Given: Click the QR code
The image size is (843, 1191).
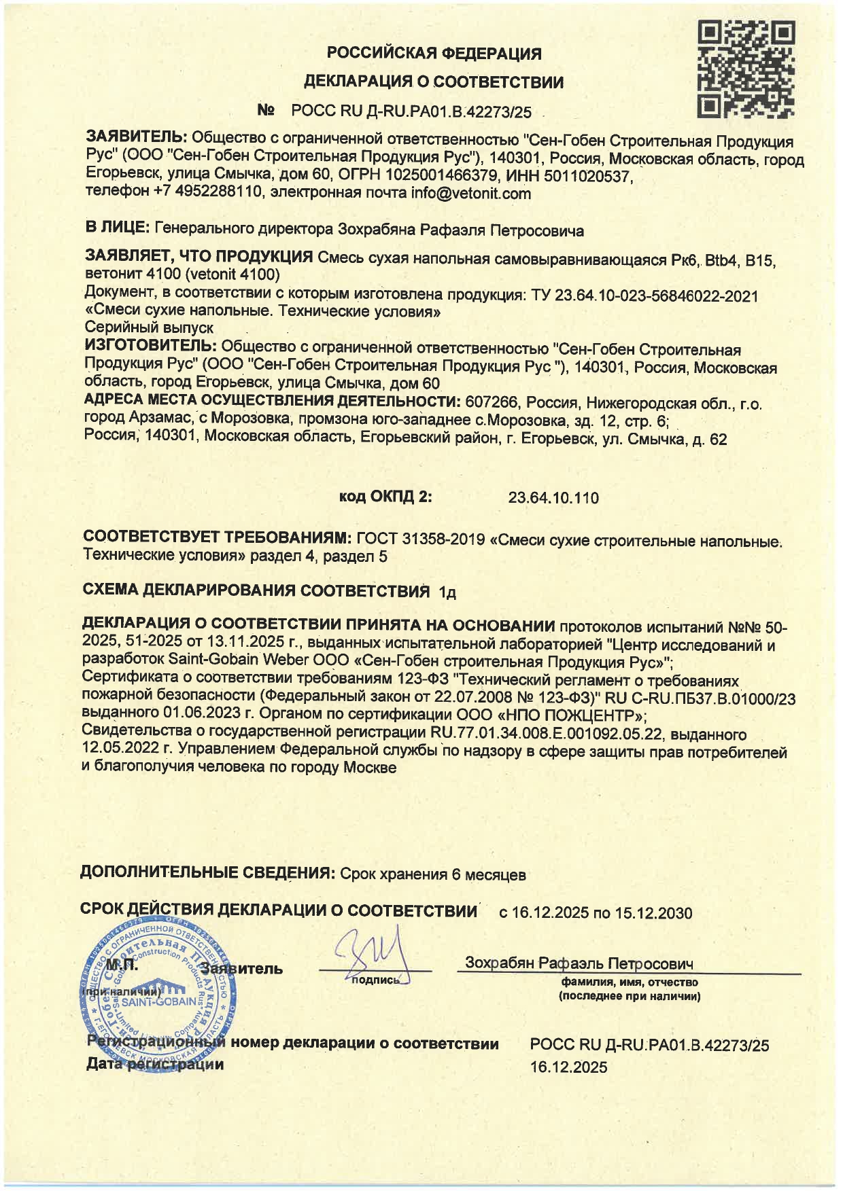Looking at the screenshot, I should pyautogui.click(x=746, y=69).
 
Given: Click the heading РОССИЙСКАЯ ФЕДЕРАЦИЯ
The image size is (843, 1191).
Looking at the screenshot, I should pyautogui.click(x=434, y=53).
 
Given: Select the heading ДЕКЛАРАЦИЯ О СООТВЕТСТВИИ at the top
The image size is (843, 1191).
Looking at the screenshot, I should pyautogui.click(x=434, y=82).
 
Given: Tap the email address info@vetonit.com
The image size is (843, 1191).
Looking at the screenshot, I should pyautogui.click(x=470, y=194).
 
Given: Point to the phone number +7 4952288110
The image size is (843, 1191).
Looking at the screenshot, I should pyautogui.click(x=207, y=193).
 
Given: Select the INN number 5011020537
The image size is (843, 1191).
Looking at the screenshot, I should pyautogui.click(x=590, y=177).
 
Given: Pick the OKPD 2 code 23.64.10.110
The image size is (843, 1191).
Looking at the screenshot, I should pyautogui.click(x=553, y=498).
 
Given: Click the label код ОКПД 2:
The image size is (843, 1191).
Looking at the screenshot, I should pyautogui.click(x=385, y=497).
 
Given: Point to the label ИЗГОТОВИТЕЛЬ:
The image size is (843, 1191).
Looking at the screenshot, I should pyautogui.click(x=150, y=347).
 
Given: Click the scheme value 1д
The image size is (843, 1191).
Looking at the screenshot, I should pyautogui.click(x=447, y=592).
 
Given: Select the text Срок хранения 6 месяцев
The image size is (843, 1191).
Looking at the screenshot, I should pyautogui.click(x=432, y=874).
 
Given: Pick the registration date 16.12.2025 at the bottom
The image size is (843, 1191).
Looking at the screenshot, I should pyautogui.click(x=568, y=1067).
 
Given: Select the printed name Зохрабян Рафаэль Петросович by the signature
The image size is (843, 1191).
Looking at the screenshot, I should pyautogui.click(x=579, y=963).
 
